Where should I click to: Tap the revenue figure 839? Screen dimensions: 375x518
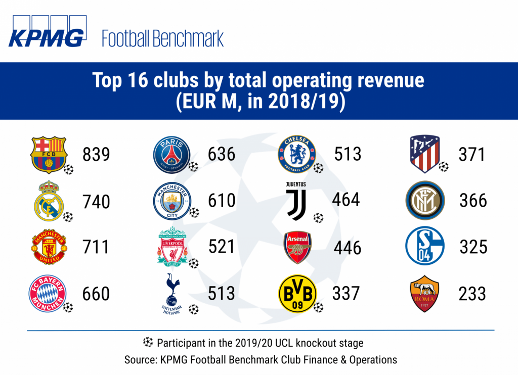coord(96,154)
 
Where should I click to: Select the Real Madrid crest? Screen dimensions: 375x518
coord(49,201)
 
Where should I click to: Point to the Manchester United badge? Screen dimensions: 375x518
coord(48,247)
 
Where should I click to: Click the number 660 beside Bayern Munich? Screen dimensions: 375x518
coord(96,294)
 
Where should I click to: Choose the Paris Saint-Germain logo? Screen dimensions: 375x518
coord(171,154)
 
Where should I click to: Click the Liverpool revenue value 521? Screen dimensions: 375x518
coord(222,247)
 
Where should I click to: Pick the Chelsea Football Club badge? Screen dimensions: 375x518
coord(296,154)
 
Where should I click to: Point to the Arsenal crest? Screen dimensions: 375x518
coord(297,248)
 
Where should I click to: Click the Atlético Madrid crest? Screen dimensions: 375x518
coord(425,154)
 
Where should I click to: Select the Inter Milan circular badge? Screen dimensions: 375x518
coord(425,201)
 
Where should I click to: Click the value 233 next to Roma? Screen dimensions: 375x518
coord(472,294)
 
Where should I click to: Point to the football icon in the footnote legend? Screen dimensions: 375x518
coord(148,343)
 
